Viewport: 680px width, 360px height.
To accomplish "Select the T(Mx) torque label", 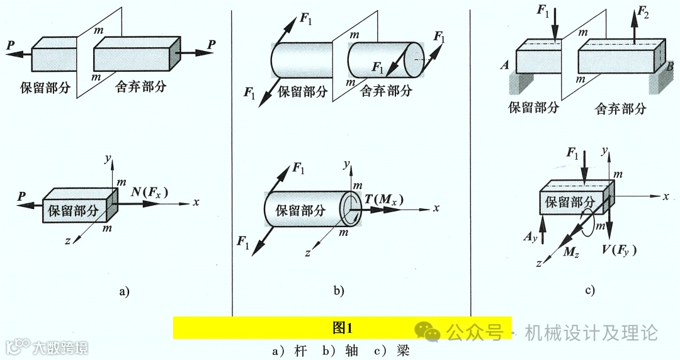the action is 384,200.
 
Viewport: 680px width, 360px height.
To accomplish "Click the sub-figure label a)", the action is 123,291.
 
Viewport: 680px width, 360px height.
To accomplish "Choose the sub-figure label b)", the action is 339,291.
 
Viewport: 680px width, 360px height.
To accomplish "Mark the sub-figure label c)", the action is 590,290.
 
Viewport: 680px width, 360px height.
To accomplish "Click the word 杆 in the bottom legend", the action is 300,351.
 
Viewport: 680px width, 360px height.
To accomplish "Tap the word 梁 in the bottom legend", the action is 404,351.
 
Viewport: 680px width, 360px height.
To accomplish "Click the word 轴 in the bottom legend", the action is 351,351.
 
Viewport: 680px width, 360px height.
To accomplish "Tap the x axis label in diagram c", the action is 666,197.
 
